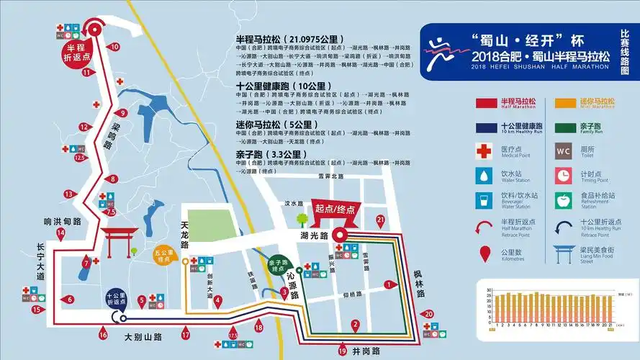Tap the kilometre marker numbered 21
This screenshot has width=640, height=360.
[381, 220]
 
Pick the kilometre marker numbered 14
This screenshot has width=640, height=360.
[61, 233]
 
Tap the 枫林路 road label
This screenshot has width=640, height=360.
[420, 284]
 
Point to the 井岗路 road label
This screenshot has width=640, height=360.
[367, 351]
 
